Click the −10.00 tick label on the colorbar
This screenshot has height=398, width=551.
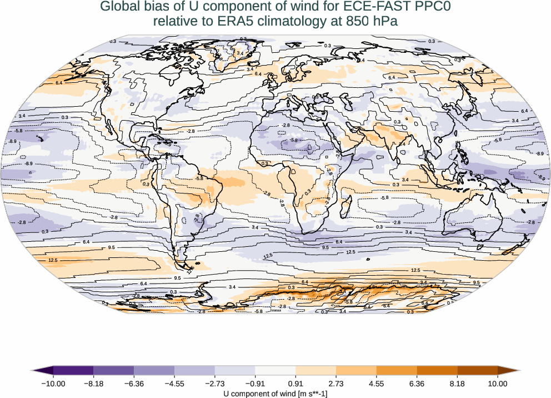click(x=53, y=384)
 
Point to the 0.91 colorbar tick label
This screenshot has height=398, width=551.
click(x=295, y=384)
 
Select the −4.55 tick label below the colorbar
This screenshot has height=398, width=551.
click(x=174, y=384)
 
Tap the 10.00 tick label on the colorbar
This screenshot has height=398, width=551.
click(x=498, y=384)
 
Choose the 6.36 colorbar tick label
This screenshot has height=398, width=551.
click(x=417, y=384)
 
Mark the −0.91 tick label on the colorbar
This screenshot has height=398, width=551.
click(x=255, y=384)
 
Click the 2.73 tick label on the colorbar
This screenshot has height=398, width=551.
click(x=336, y=384)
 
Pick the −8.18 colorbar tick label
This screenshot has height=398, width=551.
click(x=93, y=384)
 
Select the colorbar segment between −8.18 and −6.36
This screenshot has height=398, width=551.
click(x=113, y=370)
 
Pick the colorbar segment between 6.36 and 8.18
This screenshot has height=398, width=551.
click(x=437, y=370)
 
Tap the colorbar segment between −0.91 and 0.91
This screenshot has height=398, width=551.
click(x=275, y=370)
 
